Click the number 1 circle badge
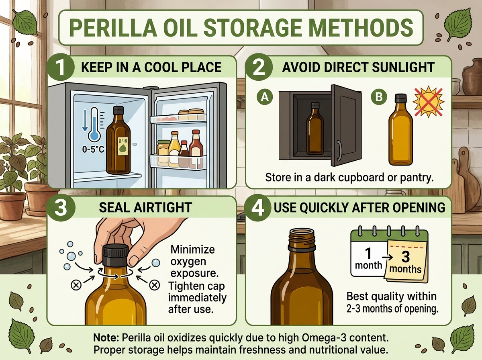coord(60,67)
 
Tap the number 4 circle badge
coord(257,208)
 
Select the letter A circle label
coord(265,97)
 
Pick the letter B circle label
coord(379,97)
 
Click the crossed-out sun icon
coord(429,102)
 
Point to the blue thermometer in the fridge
coord(94,124)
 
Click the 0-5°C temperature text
coord(93,149)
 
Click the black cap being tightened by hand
coord(116,255)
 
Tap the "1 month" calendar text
coord(368,258)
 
